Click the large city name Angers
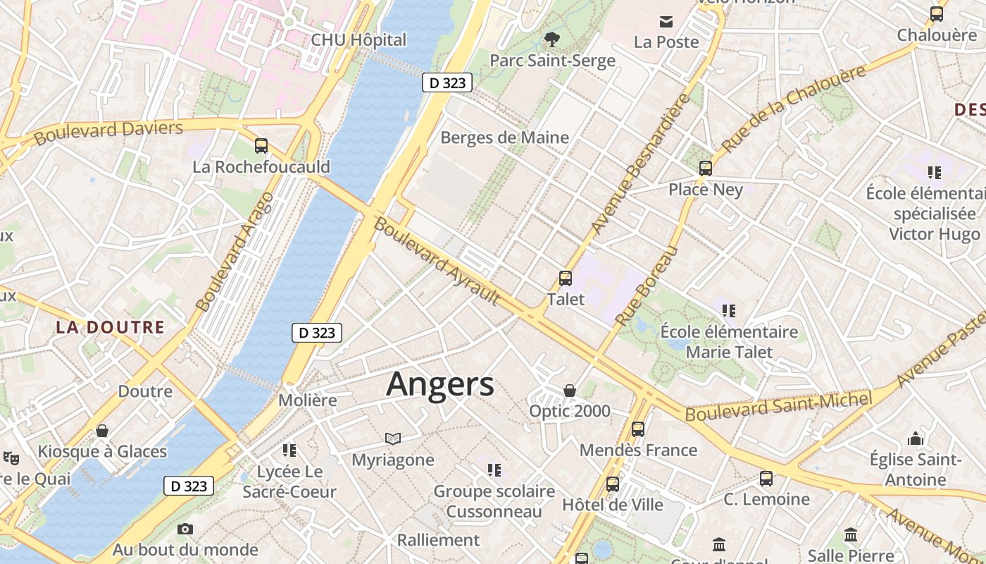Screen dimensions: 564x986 pos(440,385)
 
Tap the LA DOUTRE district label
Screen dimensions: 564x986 pos(110,327)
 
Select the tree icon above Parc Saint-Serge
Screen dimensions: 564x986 pos(551,39)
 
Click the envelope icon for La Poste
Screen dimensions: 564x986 pos(666,21)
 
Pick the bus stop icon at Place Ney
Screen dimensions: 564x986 pos(706,168)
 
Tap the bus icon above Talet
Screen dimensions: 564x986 pos(565,278)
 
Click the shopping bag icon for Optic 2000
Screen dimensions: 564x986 pos(570,391)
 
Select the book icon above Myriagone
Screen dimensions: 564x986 pos(393,439)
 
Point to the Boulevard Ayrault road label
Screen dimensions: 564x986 pos(437,262)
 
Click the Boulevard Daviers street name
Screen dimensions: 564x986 pos(108,132)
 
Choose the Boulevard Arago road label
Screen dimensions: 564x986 pos(234,251)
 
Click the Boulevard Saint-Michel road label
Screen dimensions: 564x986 pos(779,407)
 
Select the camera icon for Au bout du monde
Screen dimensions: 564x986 pos(185,529)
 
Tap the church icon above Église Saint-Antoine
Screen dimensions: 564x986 pos(916,439)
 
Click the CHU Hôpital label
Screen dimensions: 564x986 pos(359,40)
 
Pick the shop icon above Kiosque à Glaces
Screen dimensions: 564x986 pos(102,431)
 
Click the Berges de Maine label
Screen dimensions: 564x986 pos(504,137)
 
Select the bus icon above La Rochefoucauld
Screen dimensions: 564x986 pos(261,147)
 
